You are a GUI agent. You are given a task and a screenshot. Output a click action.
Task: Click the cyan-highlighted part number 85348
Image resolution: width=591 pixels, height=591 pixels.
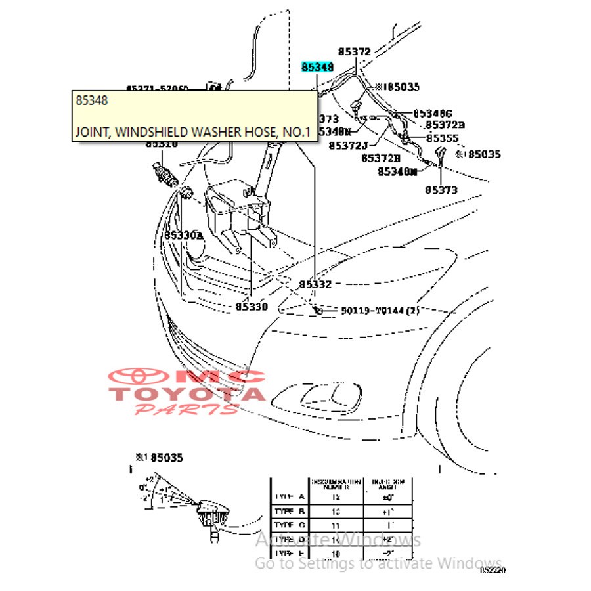[x=318, y=67]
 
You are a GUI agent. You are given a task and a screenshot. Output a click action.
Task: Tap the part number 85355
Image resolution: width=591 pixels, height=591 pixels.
[x=442, y=139]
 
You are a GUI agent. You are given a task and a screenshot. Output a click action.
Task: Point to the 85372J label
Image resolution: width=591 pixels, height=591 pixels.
[x=348, y=145]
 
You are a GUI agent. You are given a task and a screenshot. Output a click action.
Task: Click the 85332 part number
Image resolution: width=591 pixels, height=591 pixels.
[x=315, y=284]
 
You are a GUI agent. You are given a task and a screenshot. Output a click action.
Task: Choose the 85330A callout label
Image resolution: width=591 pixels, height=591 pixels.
[x=184, y=235]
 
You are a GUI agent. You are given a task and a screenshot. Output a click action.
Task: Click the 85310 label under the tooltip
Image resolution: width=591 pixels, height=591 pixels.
[x=162, y=144]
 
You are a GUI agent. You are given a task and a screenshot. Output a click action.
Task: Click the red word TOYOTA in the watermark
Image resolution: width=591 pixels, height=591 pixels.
[x=186, y=394]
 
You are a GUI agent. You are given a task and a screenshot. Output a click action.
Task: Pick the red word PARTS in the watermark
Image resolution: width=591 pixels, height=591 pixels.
[x=186, y=410]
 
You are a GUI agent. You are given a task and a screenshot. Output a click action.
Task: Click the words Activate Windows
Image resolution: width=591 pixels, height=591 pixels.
[x=338, y=540]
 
